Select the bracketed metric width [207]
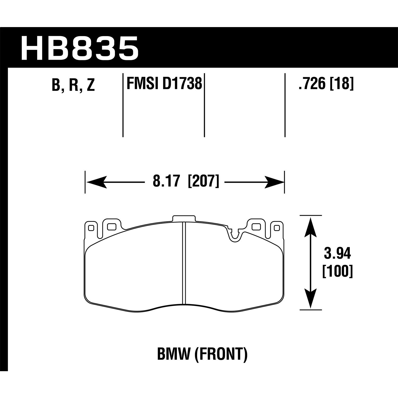coord(203,182)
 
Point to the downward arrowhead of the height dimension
coord(311,299)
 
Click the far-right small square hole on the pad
coord(276,228)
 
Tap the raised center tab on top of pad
coord(184,218)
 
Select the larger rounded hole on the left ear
coord(111,226)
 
